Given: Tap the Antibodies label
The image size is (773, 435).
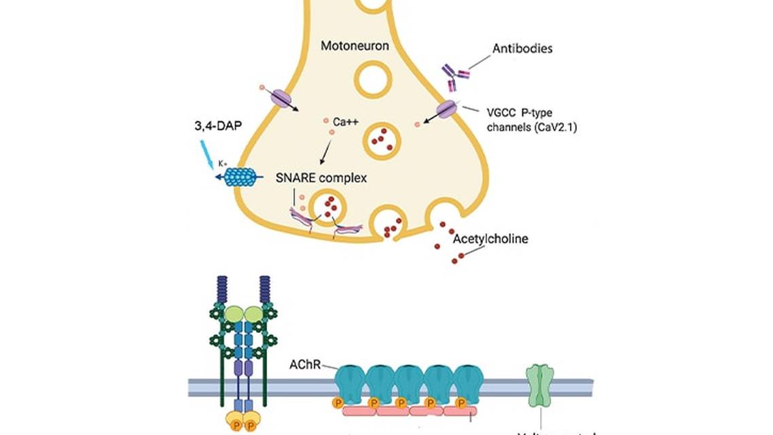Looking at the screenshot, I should coord(522,49).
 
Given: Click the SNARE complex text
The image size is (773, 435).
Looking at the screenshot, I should coord(321,179).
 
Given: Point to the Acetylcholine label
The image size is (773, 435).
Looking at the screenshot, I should coord(490,239).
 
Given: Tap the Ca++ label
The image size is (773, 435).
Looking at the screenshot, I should coord(346,123).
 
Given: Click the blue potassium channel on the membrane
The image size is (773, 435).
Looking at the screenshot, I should coord(240,177).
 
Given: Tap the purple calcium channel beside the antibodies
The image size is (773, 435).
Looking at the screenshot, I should coord(446,109).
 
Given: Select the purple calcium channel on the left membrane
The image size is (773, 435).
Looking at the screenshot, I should coord(281,98).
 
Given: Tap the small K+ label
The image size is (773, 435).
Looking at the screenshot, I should coord(222,164).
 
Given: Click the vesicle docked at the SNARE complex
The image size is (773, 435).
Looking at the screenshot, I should coord(328,209).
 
